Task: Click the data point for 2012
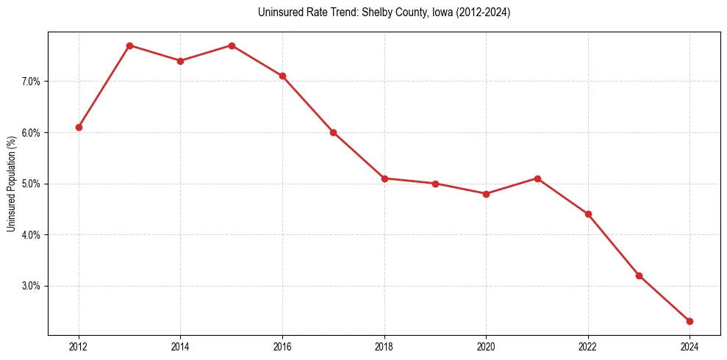tap(79, 127)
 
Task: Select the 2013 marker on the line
tap(129, 46)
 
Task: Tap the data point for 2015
tap(232, 46)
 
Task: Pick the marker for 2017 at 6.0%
tap(333, 132)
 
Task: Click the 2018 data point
tap(384, 179)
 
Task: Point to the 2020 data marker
tap(486, 194)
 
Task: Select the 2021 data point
tap(537, 179)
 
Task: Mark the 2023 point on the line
tap(639, 276)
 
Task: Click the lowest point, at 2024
tap(690, 321)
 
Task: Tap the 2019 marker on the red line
tap(435, 184)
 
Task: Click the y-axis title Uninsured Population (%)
tap(11, 184)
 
